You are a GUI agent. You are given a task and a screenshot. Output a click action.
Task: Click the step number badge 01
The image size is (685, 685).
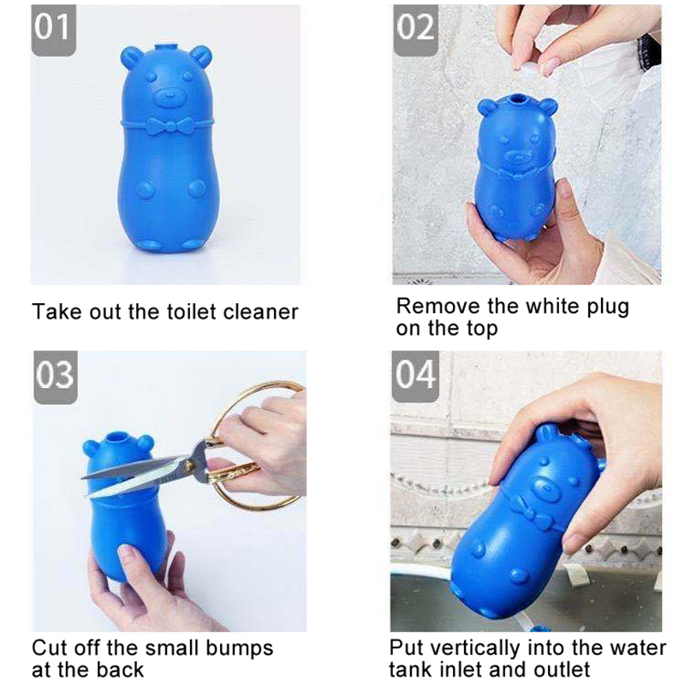53,31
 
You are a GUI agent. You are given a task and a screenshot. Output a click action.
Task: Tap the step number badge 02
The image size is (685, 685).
415,31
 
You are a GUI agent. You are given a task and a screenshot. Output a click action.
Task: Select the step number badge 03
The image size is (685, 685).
56,378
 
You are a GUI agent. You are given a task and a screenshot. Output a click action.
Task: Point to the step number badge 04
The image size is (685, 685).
415,377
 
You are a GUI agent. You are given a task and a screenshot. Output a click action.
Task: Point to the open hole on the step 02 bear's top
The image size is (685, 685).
518,104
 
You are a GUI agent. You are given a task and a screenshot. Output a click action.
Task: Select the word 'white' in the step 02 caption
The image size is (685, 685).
553,306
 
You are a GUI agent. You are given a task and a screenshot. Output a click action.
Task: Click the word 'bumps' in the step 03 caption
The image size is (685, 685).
240,647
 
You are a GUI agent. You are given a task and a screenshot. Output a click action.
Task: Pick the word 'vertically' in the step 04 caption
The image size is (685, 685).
472,648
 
